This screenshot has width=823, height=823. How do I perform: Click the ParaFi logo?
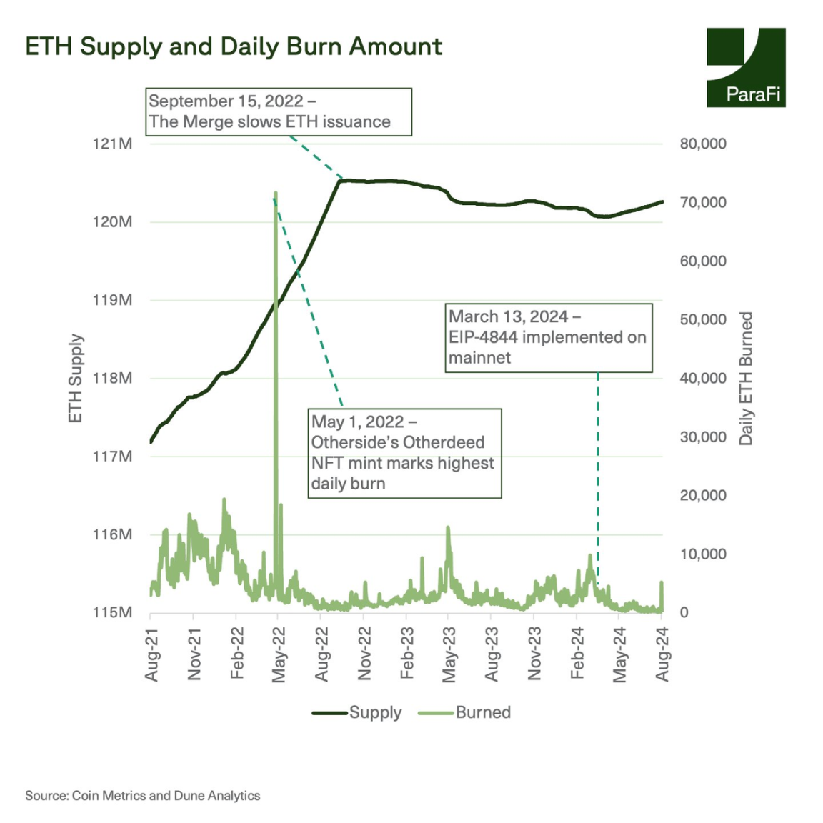pyautogui.click(x=745, y=68)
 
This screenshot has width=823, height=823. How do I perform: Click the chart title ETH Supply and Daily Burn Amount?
pyautogui.click(x=234, y=46)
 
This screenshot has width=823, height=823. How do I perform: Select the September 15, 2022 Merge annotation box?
pyautogui.click(x=279, y=111)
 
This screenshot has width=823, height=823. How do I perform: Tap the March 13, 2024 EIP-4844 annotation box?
pyautogui.click(x=549, y=337)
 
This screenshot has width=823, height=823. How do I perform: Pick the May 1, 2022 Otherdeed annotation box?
pyautogui.click(x=404, y=453)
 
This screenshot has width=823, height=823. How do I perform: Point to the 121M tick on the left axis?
pyautogui.click(x=112, y=144)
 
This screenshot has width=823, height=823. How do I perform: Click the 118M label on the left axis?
pyautogui.click(x=112, y=378)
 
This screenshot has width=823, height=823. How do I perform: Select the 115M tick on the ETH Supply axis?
pyautogui.click(x=112, y=612)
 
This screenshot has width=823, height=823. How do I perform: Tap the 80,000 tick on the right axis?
pyautogui.click(x=703, y=144)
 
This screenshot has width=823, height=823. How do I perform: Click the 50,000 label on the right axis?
pyautogui.click(x=703, y=319)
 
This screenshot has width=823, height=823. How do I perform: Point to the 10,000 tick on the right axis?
pyautogui.click(x=703, y=554)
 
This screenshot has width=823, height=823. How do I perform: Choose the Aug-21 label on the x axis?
pyautogui.click(x=151, y=654)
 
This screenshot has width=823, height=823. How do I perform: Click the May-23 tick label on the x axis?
pyautogui.click(x=449, y=654)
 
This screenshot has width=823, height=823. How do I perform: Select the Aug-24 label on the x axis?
pyautogui.click(x=662, y=654)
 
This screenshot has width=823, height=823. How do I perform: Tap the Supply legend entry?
pyautogui.click(x=357, y=712)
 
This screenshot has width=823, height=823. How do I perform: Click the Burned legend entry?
pyautogui.click(x=465, y=712)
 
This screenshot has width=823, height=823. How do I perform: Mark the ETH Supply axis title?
pyautogui.click(x=76, y=378)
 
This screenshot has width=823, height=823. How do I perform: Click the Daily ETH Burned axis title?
pyautogui.click(x=746, y=378)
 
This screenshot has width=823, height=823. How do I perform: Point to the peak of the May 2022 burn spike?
pyautogui.click(x=276, y=193)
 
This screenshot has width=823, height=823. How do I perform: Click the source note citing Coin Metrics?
pyautogui.click(x=143, y=795)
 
